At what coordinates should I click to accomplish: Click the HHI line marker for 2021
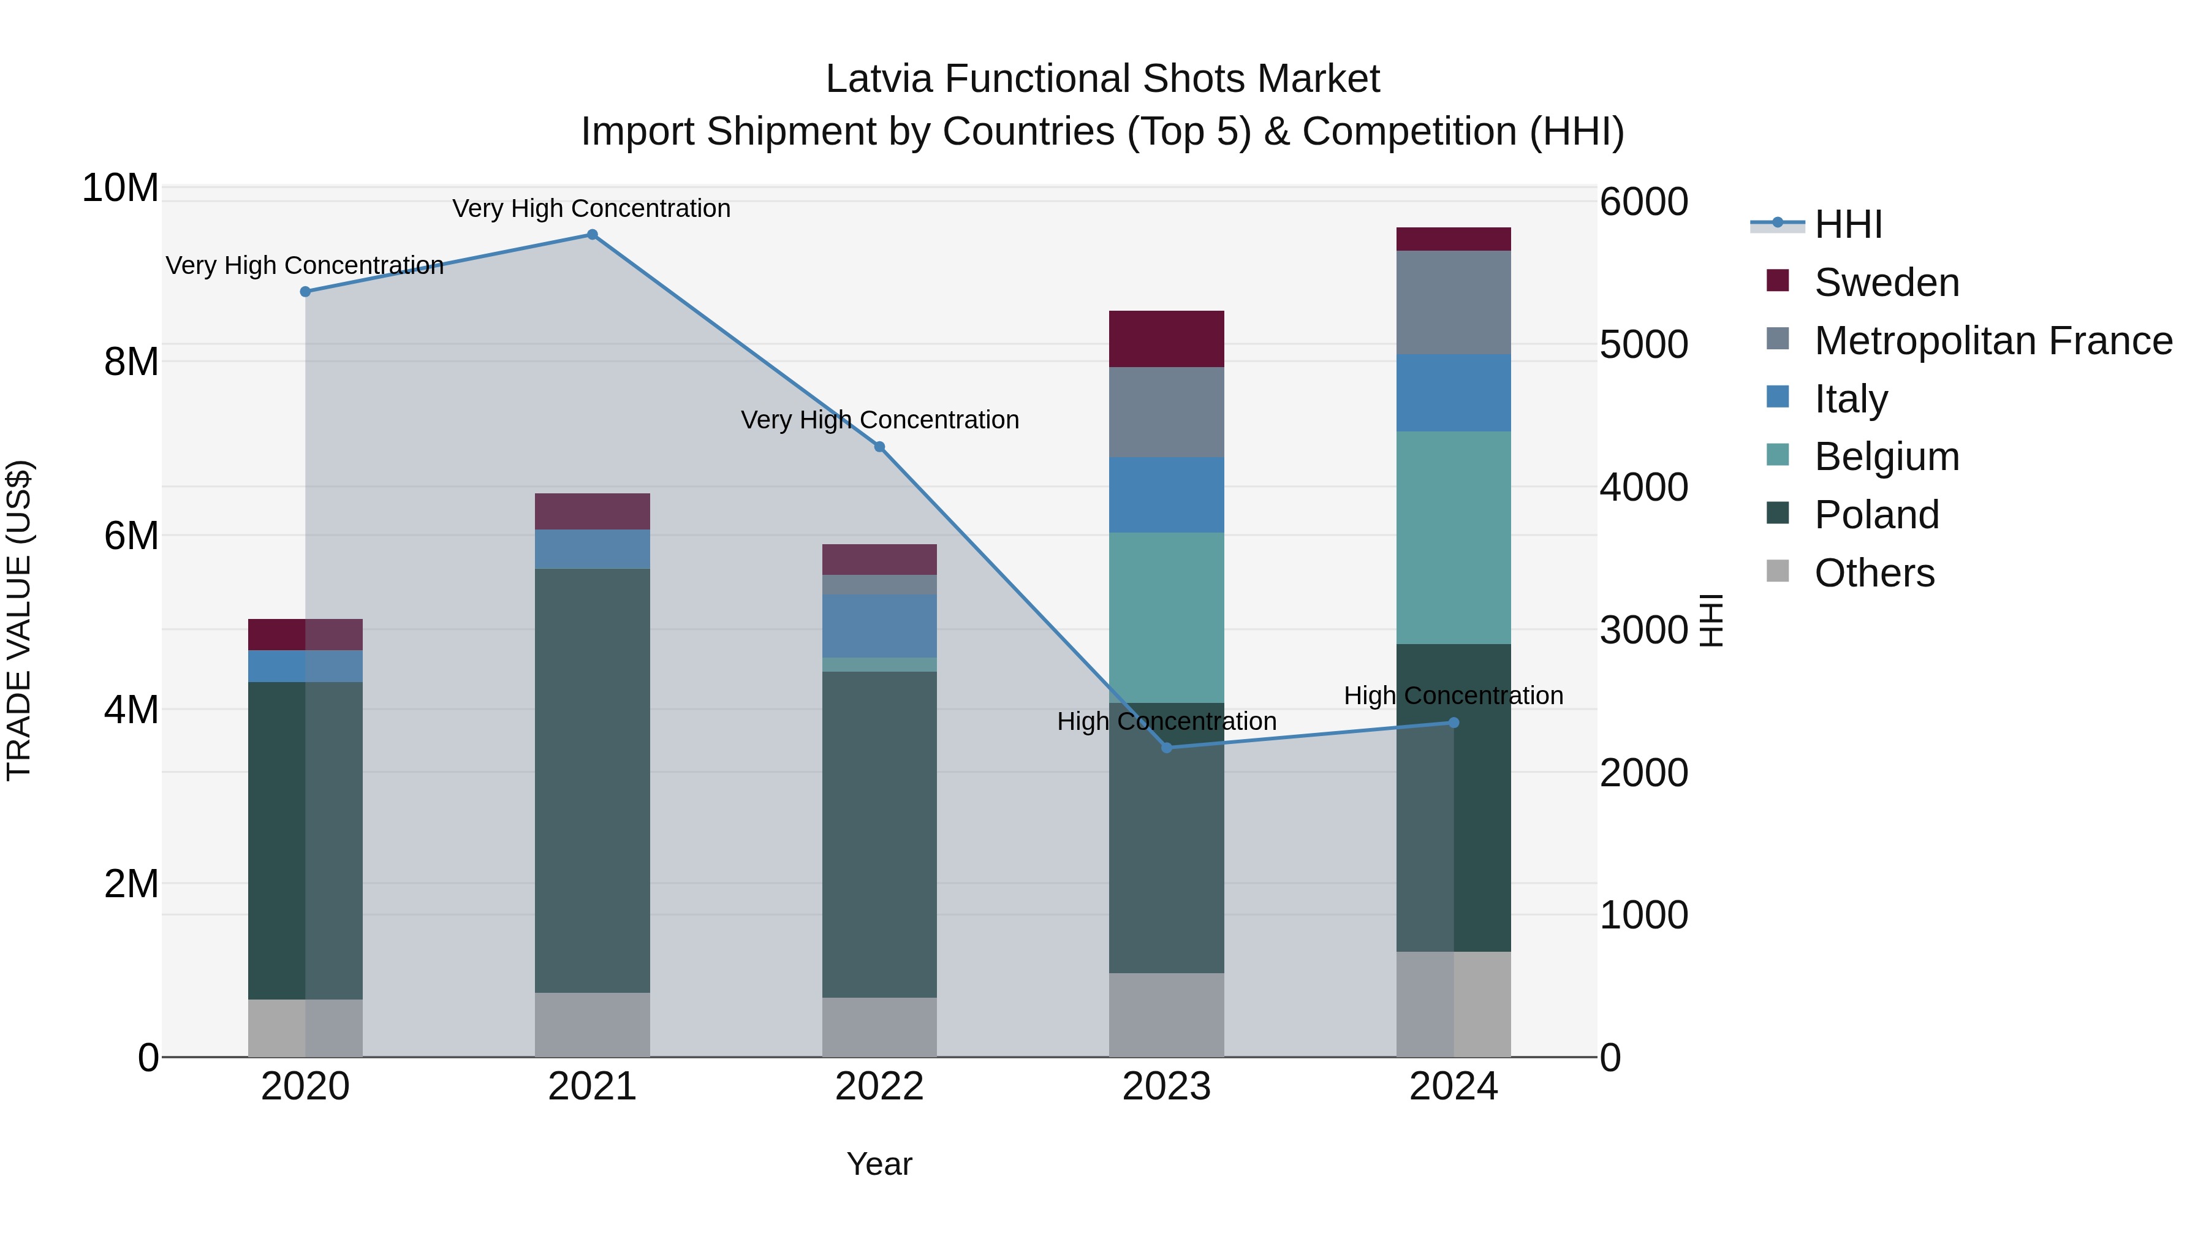(x=592, y=235)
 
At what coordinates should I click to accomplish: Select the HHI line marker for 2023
(x=1166, y=748)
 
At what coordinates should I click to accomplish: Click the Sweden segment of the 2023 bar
(x=1166, y=339)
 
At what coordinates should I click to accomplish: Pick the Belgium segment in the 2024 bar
(x=1454, y=538)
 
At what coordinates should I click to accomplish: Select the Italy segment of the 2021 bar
(x=592, y=549)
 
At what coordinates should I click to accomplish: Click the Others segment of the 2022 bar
(x=879, y=1027)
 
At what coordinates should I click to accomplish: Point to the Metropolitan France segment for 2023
(x=1166, y=412)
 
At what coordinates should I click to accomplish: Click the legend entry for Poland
(x=1876, y=515)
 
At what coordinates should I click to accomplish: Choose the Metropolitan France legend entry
(x=1992, y=341)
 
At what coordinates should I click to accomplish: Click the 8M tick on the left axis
(x=131, y=362)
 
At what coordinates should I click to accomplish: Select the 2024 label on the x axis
(x=1454, y=1087)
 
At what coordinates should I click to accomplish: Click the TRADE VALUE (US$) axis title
(x=19, y=620)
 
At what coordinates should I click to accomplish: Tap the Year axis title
(x=879, y=1164)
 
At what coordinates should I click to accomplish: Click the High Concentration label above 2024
(x=1454, y=696)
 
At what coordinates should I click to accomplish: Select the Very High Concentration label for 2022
(x=879, y=420)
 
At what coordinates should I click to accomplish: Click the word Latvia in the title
(x=879, y=79)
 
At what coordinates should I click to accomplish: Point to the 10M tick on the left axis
(x=120, y=188)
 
